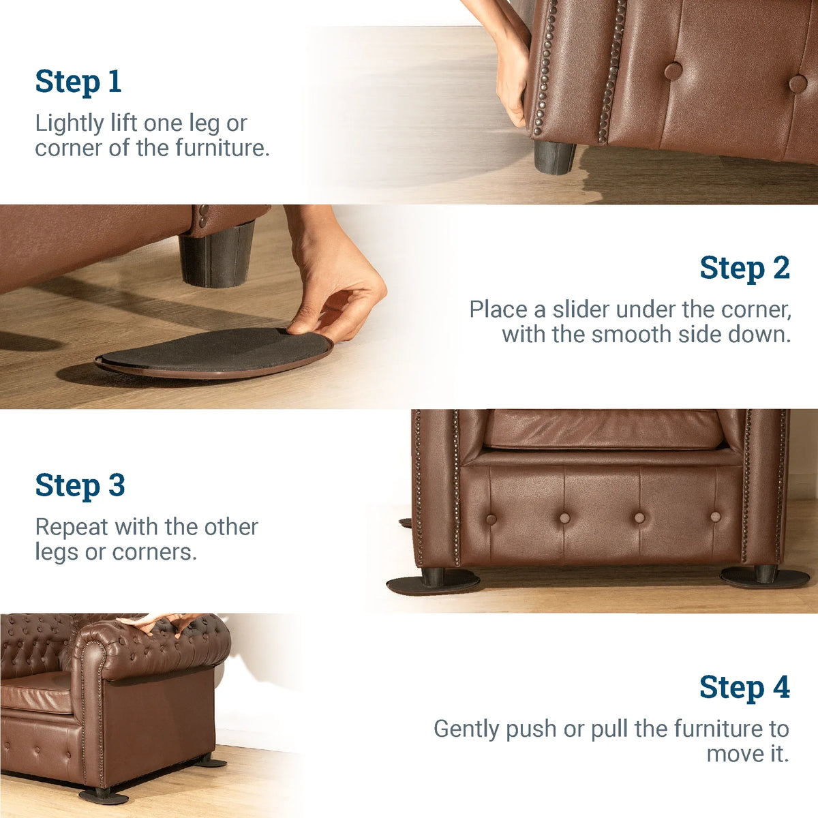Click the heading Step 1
point(78,82)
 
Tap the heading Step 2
point(744,268)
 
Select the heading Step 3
point(80,485)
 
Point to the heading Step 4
point(744,687)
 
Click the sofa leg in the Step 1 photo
point(554,157)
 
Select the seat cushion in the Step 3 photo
point(603,429)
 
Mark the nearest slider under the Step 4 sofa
point(102,796)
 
